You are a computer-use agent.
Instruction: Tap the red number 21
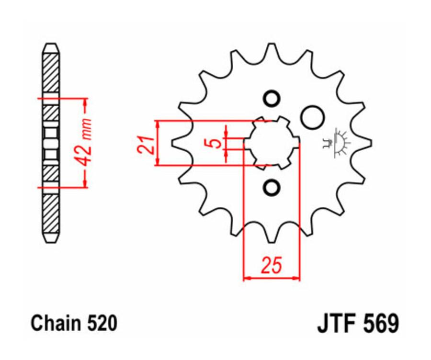tap(145, 143)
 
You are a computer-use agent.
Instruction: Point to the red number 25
tap(271, 265)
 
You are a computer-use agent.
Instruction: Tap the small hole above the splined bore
tap(272, 99)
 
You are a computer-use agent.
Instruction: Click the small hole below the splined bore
tap(272, 187)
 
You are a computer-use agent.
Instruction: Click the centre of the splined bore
tap(272, 143)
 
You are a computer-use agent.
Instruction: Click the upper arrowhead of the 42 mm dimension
tap(86, 102)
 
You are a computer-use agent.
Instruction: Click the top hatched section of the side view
tap(51, 72)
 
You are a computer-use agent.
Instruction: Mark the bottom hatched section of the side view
tap(51, 213)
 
